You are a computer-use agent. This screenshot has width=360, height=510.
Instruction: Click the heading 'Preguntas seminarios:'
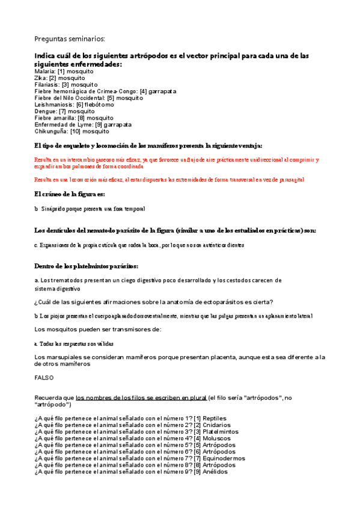point(70,39)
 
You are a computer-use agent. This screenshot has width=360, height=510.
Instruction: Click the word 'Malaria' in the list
point(45,72)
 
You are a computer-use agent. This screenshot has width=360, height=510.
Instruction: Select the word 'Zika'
point(41,78)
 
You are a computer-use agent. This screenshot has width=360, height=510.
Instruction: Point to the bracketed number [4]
point(142,91)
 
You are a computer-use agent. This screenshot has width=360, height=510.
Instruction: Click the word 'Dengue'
point(46,111)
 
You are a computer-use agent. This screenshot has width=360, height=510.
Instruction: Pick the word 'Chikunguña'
point(50,131)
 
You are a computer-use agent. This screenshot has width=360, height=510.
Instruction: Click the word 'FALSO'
point(44,378)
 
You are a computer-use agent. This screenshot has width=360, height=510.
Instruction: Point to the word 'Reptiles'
point(215,419)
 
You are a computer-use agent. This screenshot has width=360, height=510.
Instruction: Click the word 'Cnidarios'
point(217,425)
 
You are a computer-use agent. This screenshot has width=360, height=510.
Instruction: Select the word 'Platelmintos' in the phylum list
point(221,432)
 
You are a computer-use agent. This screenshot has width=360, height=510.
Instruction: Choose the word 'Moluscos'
point(217,438)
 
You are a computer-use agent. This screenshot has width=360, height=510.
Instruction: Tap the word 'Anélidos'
point(215,472)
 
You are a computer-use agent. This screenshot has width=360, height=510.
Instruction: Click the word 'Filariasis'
point(47,85)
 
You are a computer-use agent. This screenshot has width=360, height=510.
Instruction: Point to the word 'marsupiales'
point(64,357)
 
